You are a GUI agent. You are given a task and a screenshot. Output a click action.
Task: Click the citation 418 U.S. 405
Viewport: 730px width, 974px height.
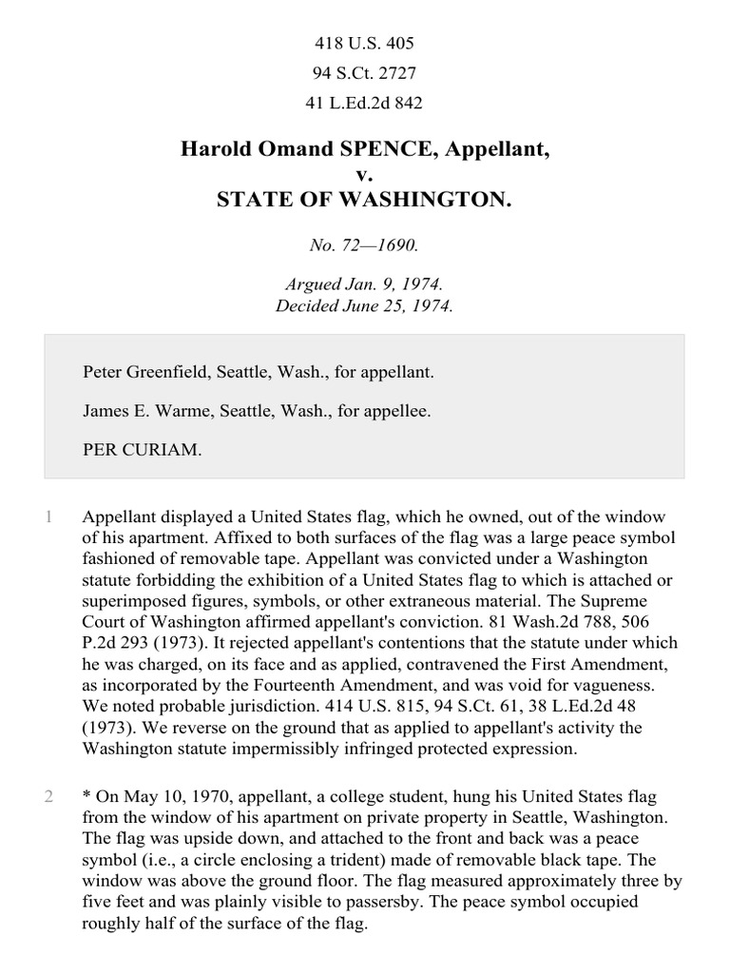click(364, 44)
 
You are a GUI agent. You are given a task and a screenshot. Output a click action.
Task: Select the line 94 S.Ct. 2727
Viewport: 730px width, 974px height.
click(364, 73)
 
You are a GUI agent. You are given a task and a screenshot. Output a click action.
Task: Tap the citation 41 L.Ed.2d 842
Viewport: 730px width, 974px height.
click(364, 103)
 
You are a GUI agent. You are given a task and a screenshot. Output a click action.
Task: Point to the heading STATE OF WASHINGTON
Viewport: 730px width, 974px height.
click(364, 199)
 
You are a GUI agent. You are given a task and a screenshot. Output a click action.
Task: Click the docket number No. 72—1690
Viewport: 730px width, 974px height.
click(364, 245)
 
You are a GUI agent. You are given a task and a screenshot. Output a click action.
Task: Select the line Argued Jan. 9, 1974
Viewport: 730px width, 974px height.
click(364, 285)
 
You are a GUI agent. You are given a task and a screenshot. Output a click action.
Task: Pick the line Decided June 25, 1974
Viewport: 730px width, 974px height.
click(364, 306)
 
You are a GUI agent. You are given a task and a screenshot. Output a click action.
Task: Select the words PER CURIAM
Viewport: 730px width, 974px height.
click(143, 451)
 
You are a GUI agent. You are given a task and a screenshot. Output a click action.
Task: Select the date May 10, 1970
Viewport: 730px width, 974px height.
click(173, 796)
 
